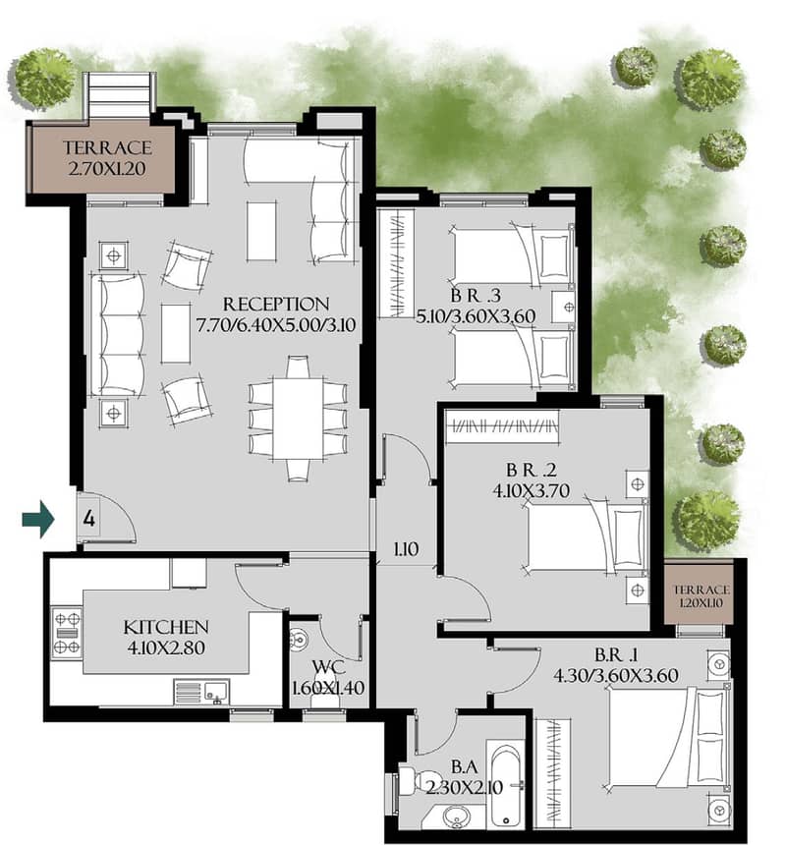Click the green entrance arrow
pyautogui.click(x=38, y=519)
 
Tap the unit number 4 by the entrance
pyautogui.click(x=89, y=519)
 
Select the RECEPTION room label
pyautogui.click(x=276, y=304)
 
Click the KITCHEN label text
pyautogui.click(x=166, y=627)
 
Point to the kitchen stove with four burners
pyautogui.click(x=66, y=633)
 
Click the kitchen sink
pyautogui.click(x=215, y=692)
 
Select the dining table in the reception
pyautogui.click(x=298, y=419)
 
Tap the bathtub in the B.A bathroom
pyautogui.click(x=506, y=785)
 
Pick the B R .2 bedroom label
pyautogui.click(x=531, y=470)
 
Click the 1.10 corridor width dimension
pyautogui.click(x=406, y=549)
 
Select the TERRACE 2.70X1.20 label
pyautogui.click(x=107, y=158)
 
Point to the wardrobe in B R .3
pyautogui.click(x=396, y=263)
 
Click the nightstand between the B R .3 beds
pyautogui.click(x=564, y=308)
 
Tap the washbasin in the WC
pyautogui.click(x=298, y=639)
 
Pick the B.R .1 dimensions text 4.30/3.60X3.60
pyautogui.click(x=616, y=675)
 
